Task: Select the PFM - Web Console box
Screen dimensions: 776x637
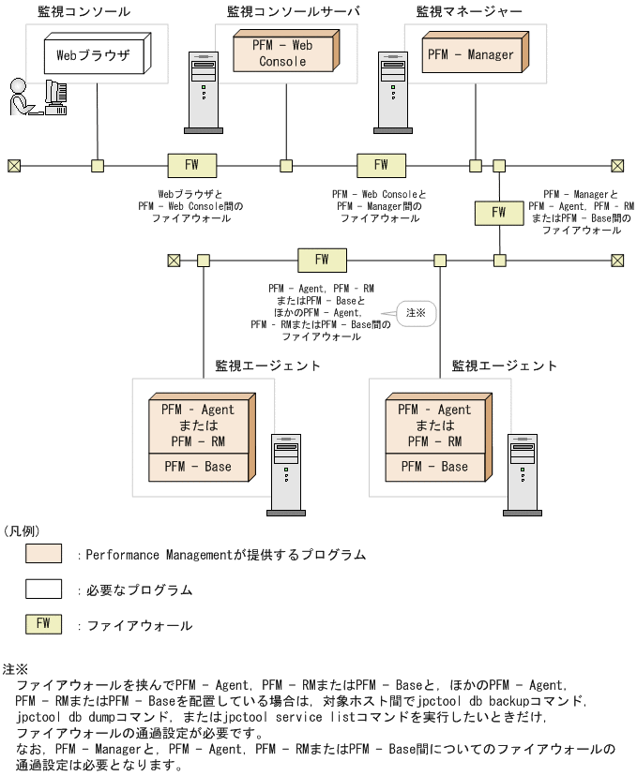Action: click(x=283, y=53)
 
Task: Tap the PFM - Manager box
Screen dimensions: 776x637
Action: click(x=471, y=54)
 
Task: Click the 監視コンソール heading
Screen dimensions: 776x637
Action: click(x=84, y=11)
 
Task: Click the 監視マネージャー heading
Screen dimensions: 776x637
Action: click(x=469, y=11)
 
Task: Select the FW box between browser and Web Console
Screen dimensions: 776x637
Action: click(x=191, y=165)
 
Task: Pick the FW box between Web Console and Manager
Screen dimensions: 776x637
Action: click(x=381, y=165)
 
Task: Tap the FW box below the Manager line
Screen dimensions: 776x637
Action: click(x=498, y=212)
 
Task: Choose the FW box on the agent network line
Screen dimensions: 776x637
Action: click(x=322, y=260)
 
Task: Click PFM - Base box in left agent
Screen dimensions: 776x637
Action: click(x=198, y=467)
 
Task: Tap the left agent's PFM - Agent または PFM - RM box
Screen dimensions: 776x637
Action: click(x=198, y=425)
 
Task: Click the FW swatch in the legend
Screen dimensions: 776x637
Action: click(x=43, y=624)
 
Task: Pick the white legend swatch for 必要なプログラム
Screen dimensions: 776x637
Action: click(x=43, y=589)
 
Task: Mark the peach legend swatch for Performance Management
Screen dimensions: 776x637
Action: click(x=43, y=554)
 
